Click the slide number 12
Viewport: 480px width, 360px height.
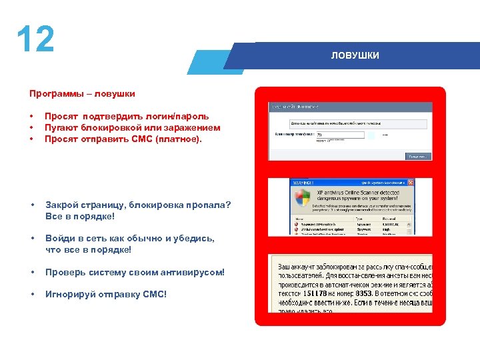point(35,40)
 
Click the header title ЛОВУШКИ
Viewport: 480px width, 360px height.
point(355,55)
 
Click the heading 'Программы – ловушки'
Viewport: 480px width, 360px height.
point(82,94)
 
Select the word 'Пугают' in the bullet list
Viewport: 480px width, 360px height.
point(61,128)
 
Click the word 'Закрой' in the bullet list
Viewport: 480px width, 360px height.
point(62,205)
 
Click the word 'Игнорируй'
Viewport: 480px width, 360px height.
point(70,294)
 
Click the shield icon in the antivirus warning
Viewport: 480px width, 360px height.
point(303,198)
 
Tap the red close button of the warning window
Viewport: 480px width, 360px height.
point(411,182)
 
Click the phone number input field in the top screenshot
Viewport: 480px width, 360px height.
point(339,135)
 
